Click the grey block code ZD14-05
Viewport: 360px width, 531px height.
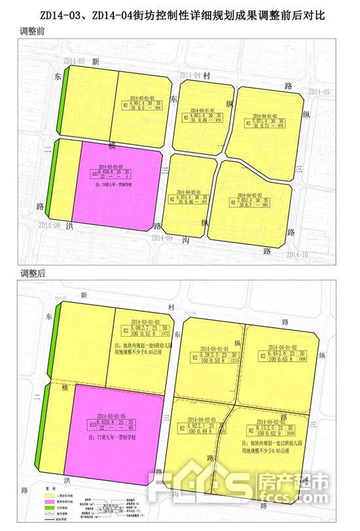click(319, 92)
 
